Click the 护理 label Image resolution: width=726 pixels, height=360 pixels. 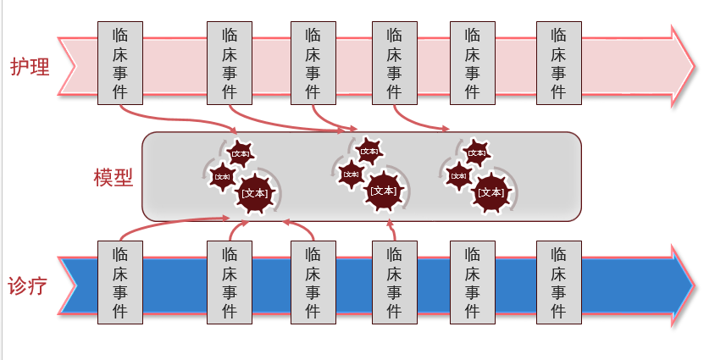(30, 66)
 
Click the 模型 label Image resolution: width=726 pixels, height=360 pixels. (114, 179)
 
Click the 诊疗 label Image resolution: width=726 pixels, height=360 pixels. (30, 285)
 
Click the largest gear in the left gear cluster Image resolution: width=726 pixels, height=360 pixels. (255, 192)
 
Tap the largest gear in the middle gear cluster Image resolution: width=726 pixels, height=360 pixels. (383, 191)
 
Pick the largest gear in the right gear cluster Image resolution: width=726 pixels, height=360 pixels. (490, 192)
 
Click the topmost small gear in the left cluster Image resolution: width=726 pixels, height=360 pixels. (241, 153)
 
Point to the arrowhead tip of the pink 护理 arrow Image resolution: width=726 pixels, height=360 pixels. (695, 66)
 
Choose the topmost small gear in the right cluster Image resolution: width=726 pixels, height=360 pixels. (477, 153)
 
